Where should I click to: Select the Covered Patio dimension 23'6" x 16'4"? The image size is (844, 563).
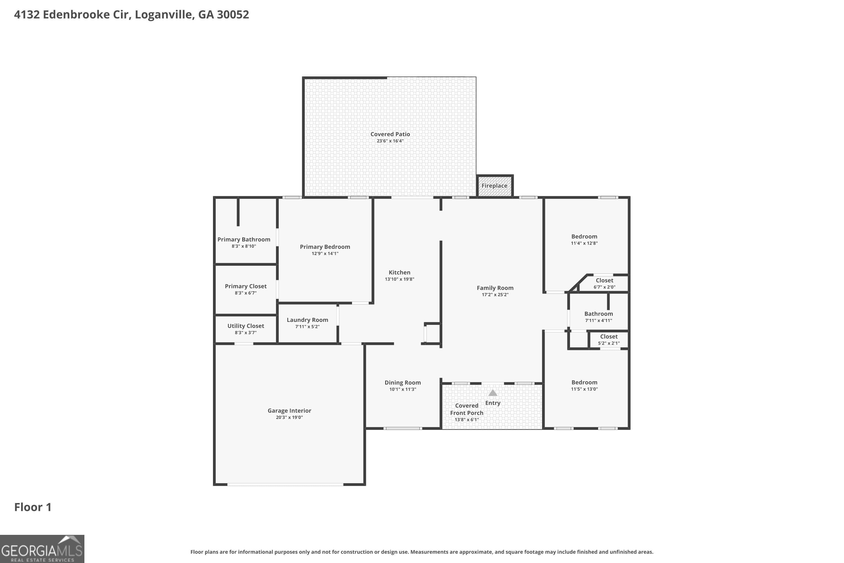coord(390,141)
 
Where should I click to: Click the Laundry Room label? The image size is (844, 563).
coord(307,320)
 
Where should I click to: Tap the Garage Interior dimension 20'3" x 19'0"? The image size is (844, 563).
coord(289,417)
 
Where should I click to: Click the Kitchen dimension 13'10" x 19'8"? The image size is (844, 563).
coord(399,279)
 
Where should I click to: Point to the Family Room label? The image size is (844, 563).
coord(495,288)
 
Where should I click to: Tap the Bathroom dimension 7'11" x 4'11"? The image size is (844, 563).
coord(599,321)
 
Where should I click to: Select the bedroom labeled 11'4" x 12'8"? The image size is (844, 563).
coord(584,240)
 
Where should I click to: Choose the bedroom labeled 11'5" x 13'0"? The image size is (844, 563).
coord(584,385)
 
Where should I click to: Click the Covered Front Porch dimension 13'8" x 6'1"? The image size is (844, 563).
coord(466,420)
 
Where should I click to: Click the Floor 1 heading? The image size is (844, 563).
coord(33,507)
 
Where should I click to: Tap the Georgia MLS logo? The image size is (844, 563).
coord(42,549)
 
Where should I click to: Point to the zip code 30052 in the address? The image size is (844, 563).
coord(233,14)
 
